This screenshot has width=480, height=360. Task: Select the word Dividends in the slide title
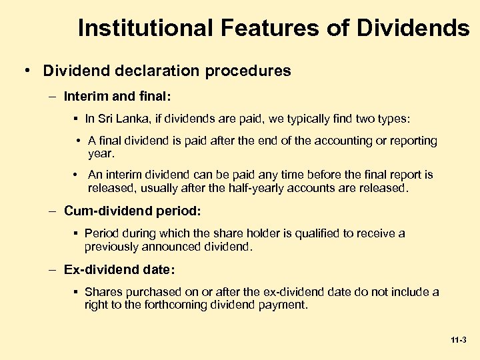click(x=413, y=28)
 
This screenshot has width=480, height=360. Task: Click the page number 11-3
click(x=458, y=340)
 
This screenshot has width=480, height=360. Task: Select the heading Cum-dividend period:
click(x=132, y=211)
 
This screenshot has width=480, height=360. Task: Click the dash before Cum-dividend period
click(x=52, y=211)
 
